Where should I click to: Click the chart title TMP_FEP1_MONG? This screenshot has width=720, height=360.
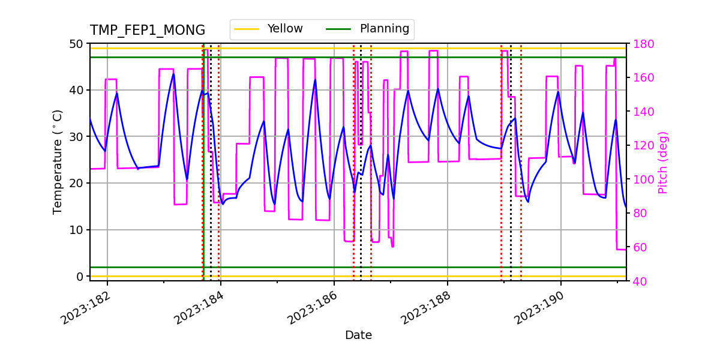coord(148,31)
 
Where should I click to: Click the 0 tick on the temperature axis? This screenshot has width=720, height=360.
coord(79,277)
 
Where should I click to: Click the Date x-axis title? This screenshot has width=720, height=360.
coord(358,335)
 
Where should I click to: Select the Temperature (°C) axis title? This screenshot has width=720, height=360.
coord(58,162)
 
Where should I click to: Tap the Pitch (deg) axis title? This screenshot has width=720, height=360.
coord(663,162)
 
